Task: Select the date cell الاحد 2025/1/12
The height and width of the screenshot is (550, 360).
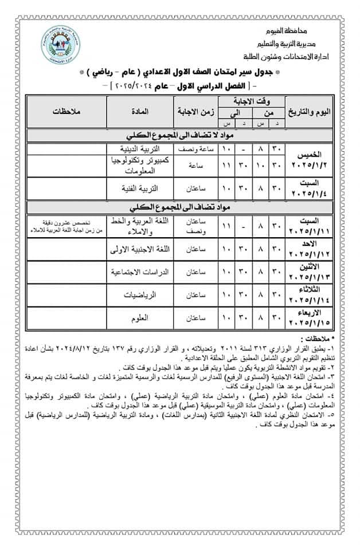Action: coord(310,250)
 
